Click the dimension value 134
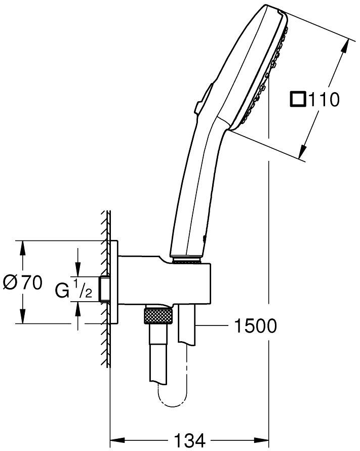tap(189, 440)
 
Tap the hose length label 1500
tap(256, 326)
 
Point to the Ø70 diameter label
tap(23, 283)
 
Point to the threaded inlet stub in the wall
tap(105, 289)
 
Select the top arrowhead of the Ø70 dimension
tap(23, 247)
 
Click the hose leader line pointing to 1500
tap(213, 326)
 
